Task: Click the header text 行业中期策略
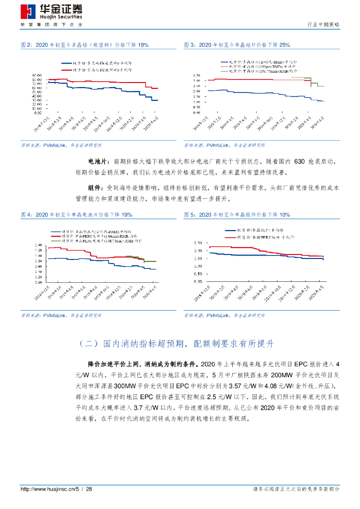click(x=324, y=24)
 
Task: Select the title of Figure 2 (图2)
click(x=85, y=45)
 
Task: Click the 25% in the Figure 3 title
click(x=284, y=45)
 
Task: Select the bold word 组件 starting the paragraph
click(x=95, y=188)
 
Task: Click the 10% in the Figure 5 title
click(x=284, y=214)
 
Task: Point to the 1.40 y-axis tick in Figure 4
click(x=37, y=245)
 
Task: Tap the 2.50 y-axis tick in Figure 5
click(x=197, y=243)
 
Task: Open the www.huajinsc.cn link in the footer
click(x=47, y=489)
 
